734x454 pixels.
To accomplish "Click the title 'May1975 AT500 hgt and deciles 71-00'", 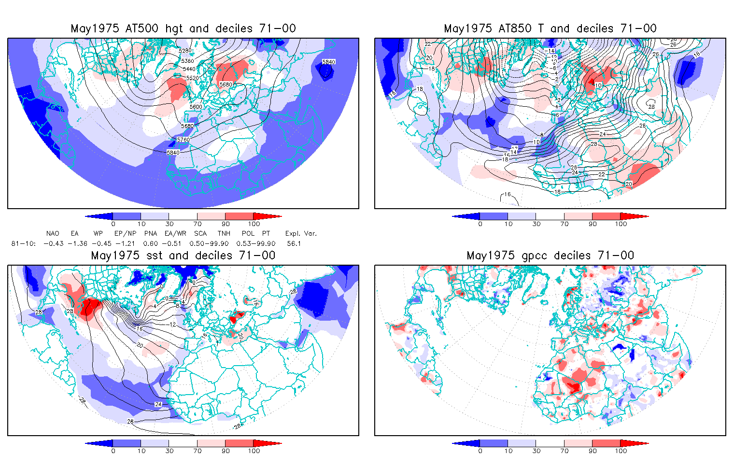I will point(183,28).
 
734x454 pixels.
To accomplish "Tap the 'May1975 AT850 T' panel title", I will point(550,28).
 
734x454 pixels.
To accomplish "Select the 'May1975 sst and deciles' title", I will point(183,255).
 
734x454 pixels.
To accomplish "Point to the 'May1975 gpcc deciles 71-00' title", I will point(550,255).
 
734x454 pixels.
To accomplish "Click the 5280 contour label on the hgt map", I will point(185,51).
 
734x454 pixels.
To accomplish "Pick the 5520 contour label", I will point(192,78).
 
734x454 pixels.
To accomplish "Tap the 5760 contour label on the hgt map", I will point(183,140).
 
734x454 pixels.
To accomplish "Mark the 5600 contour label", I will point(196,107).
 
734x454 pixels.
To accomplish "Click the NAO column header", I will point(53,234).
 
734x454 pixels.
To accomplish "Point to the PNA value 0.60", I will point(151,243).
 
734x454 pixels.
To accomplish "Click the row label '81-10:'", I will point(23,243).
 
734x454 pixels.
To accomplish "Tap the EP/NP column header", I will point(125,234).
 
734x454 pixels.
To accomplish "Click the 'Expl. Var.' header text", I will point(301,234).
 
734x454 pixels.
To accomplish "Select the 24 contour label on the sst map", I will point(158,404).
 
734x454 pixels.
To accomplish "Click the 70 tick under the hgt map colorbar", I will point(197,224).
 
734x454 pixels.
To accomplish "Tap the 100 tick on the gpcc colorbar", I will point(621,451).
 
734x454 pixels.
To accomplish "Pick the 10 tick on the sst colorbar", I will point(141,451).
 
